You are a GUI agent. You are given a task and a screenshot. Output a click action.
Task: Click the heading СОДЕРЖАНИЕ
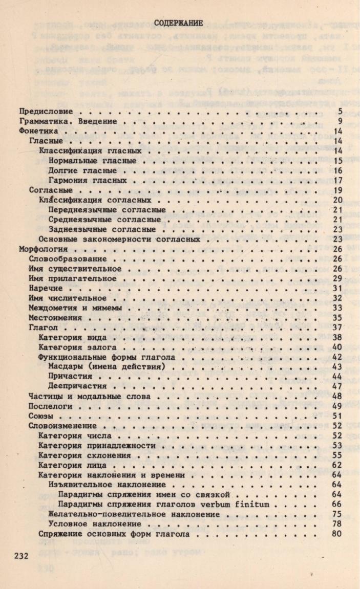[x=179, y=23]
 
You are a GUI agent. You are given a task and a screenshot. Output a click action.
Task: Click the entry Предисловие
[x=46, y=111]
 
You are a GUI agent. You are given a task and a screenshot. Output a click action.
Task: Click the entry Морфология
[x=43, y=249]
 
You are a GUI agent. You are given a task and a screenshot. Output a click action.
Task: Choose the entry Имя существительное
[x=75, y=269]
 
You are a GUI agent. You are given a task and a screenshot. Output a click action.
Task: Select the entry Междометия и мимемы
[x=75, y=308]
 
